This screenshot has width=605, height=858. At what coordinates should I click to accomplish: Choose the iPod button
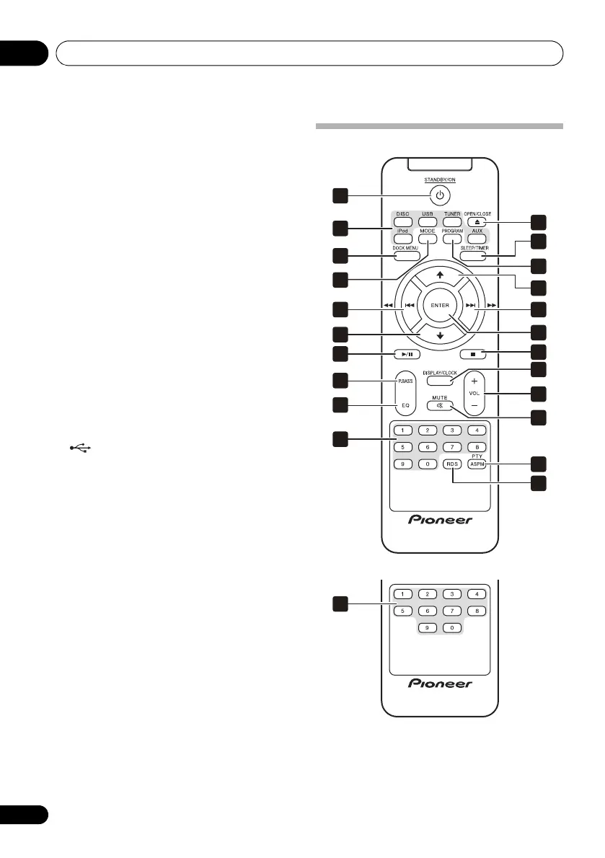tap(402, 238)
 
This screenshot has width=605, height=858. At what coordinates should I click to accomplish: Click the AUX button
tap(477, 239)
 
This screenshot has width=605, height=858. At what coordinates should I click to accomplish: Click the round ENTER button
tap(440, 306)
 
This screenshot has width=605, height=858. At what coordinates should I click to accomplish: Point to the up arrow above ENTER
tap(440, 275)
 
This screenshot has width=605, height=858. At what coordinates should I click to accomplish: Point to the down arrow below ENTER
tap(440, 336)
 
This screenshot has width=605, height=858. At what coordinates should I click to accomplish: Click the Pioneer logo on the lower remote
tap(440, 683)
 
